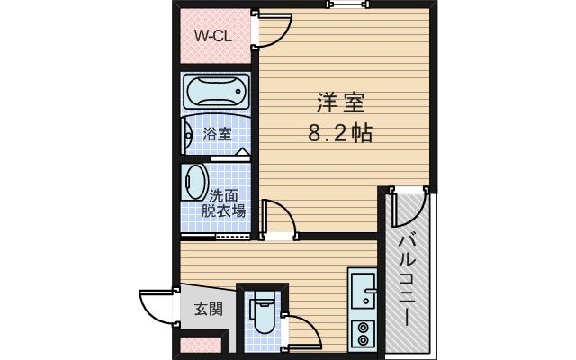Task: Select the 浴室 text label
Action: click(x=217, y=134)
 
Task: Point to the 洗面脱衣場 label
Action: click(x=224, y=203)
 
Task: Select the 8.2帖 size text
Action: click(x=340, y=134)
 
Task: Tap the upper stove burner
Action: click(x=364, y=327)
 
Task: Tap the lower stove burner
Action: click(x=364, y=342)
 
